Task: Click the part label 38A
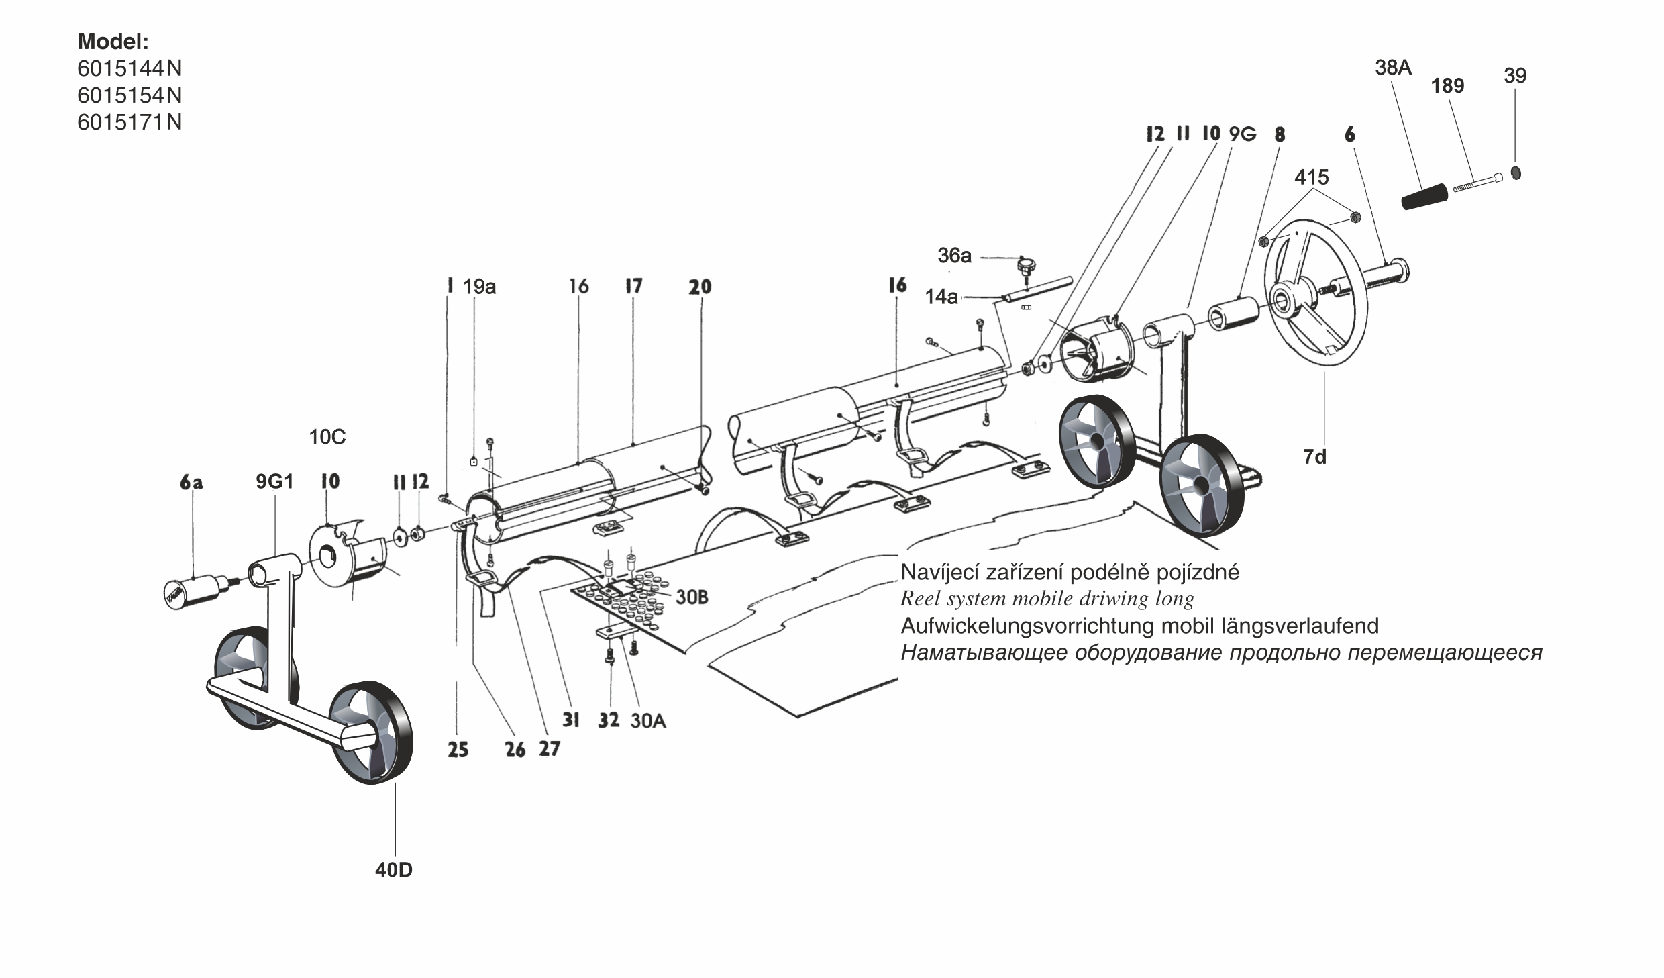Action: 1393,68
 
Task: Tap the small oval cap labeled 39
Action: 1516,173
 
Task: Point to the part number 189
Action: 1447,86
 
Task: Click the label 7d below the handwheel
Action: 1314,457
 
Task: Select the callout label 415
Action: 1311,177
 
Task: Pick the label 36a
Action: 954,256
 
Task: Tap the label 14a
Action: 941,297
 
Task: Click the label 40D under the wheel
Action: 394,870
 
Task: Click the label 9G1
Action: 274,481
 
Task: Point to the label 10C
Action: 327,438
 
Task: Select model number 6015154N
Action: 129,95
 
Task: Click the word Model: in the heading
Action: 113,42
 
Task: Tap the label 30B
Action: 691,597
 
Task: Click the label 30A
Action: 647,721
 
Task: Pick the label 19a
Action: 479,287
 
